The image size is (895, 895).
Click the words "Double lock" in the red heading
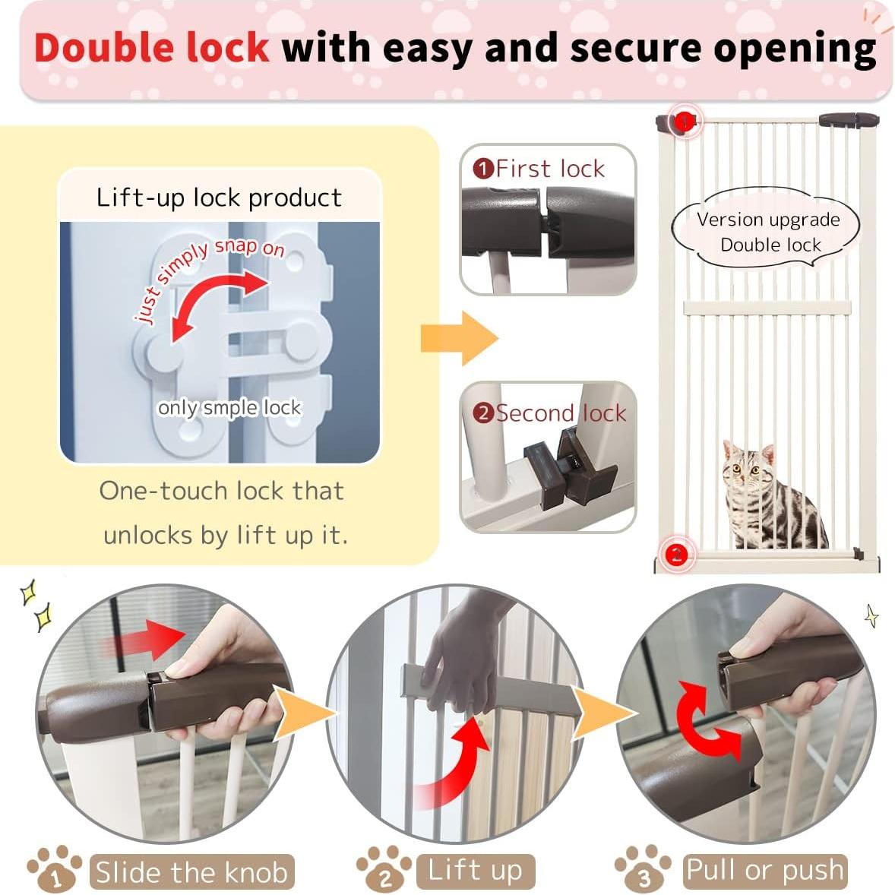(x=152, y=47)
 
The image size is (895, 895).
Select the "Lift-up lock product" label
(x=219, y=198)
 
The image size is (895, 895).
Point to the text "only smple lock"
(x=229, y=408)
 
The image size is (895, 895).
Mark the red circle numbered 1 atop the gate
(x=685, y=121)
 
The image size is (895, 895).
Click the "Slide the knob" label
(x=191, y=872)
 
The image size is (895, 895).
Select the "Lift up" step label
(x=476, y=871)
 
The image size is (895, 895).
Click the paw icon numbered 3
(x=643, y=871)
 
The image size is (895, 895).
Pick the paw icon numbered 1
(x=55, y=871)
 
